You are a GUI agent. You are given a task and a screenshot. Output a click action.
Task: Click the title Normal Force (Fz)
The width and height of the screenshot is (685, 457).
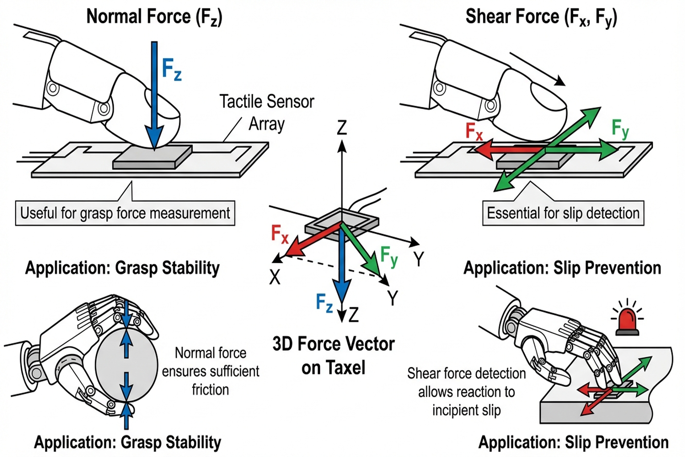tap(154, 17)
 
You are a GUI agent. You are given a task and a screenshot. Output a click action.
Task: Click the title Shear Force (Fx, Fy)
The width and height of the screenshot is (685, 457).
tap(541, 17)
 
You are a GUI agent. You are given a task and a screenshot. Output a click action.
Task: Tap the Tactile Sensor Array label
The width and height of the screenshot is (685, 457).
tap(267, 112)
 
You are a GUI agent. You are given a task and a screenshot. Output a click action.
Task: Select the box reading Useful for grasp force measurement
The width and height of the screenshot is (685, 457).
tap(125, 213)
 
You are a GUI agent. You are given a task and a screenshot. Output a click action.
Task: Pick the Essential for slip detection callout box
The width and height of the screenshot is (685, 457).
tap(563, 213)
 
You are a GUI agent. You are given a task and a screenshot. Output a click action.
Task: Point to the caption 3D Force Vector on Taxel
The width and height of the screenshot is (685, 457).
tap(333, 356)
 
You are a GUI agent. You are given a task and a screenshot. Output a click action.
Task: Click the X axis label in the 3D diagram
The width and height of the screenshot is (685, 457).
tap(275, 277)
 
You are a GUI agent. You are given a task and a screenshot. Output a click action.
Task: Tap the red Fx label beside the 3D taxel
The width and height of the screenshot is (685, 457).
tap(280, 234)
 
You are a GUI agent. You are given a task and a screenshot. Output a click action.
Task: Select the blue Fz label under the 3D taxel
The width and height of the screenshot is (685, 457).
tap(324, 303)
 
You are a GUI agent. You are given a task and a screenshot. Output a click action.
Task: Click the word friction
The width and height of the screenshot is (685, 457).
tap(210, 390)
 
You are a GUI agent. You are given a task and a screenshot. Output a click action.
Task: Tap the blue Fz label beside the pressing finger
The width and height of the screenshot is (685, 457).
tap(171, 70)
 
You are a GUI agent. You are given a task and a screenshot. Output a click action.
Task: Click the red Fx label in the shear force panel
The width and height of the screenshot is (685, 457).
tap(474, 131)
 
